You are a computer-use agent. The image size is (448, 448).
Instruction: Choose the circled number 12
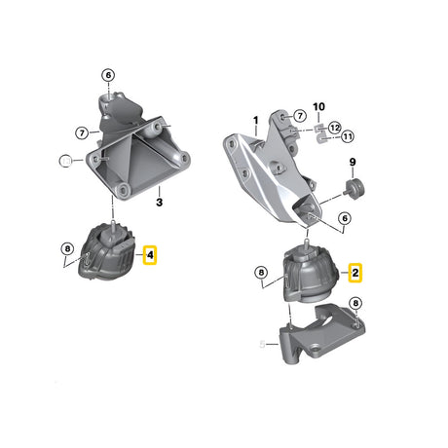pos(335,128)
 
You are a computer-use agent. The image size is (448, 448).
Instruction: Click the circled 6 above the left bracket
pos(107,75)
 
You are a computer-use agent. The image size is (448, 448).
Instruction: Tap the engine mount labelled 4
pos(110,255)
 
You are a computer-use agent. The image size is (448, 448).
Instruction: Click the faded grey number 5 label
pos(262,343)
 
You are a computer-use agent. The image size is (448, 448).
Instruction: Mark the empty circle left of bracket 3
pos(64,159)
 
